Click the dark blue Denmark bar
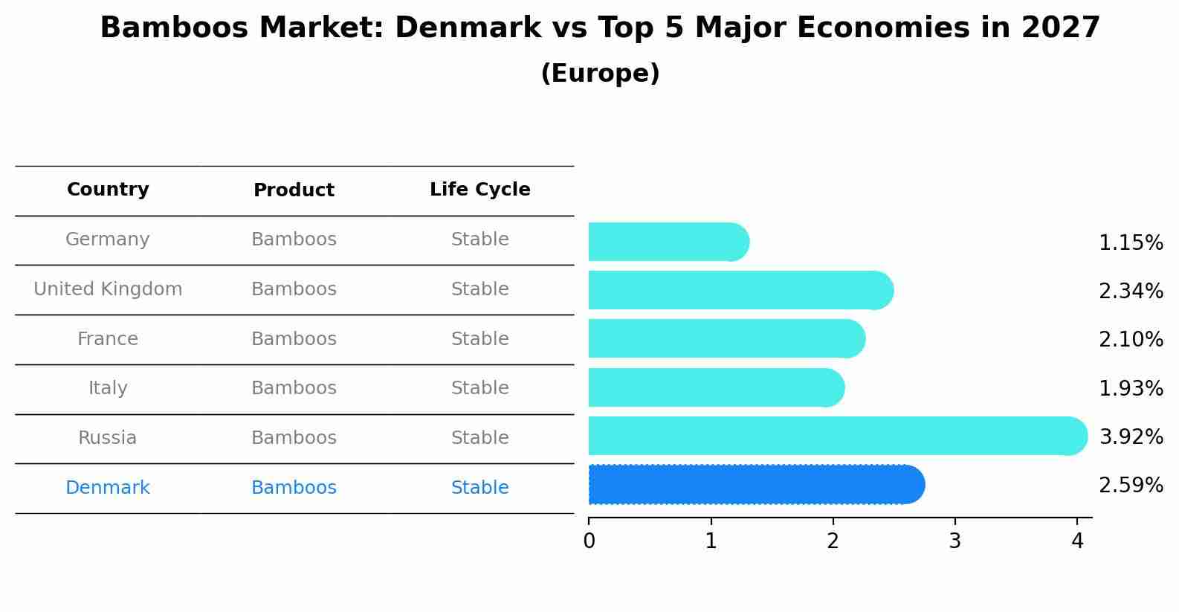(755, 484)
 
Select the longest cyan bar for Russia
(836, 436)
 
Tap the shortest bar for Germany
(668, 242)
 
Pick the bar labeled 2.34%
(740, 290)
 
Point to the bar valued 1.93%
(715, 387)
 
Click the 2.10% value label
(1130, 340)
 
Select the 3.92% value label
(1130, 437)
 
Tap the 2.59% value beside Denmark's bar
(1130, 486)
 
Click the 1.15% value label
(1130, 243)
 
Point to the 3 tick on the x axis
(954, 541)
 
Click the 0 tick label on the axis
(589, 541)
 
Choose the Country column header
(108, 190)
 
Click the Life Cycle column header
(479, 190)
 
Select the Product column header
(294, 190)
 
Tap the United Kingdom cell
(108, 289)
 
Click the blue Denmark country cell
(108, 488)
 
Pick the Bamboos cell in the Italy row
(294, 388)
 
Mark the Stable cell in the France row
(479, 339)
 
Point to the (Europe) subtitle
(600, 74)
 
